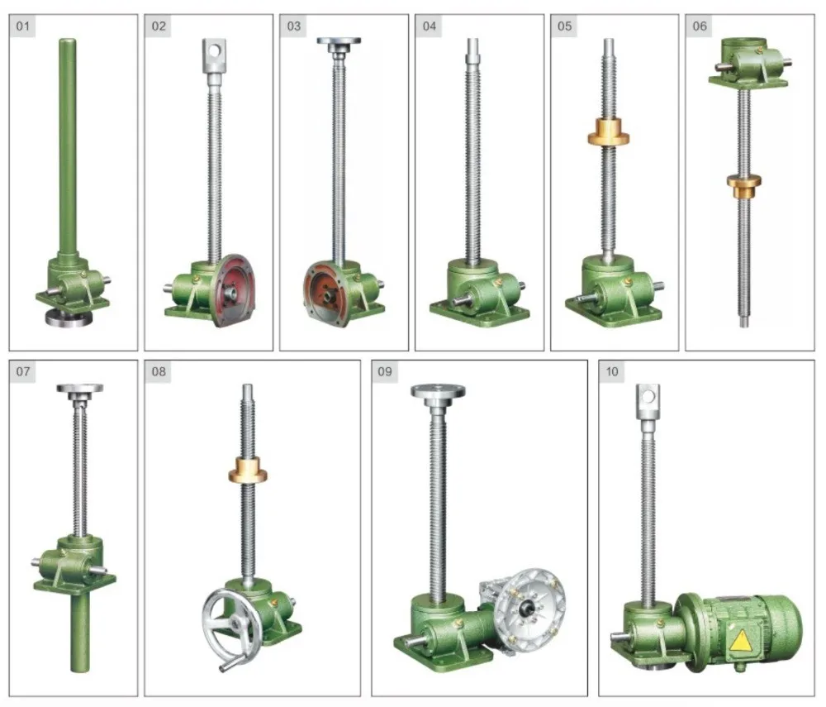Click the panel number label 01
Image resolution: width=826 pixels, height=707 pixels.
pyautogui.click(x=22, y=26)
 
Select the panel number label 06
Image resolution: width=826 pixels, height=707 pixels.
pyautogui.click(x=699, y=26)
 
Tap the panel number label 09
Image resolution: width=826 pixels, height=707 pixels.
pyautogui.click(x=385, y=371)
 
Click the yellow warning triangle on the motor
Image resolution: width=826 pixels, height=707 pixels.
pyautogui.click(x=741, y=641)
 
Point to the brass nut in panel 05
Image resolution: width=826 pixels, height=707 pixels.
pyautogui.click(x=609, y=132)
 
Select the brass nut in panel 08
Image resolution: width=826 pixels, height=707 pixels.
pyautogui.click(x=248, y=471)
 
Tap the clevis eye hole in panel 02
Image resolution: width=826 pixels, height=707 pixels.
pyautogui.click(x=214, y=50)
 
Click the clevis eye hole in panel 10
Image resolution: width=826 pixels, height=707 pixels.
pyautogui.click(x=648, y=395)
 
